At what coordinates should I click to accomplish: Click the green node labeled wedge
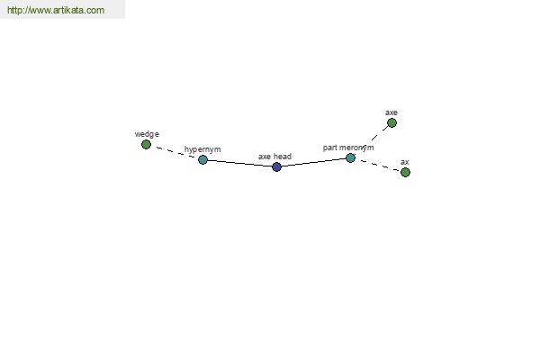coord(146,144)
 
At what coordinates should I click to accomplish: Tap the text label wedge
coord(147,134)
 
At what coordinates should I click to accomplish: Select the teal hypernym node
coord(202,159)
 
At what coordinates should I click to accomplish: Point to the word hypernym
coord(202,149)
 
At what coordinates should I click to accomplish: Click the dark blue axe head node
coord(276,166)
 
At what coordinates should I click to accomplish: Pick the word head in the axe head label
coord(283,157)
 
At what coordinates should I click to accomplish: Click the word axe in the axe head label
coord(265,157)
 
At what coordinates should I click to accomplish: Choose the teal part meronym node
coord(350,157)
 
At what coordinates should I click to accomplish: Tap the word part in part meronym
coord(330,148)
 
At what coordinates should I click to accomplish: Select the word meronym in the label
coord(356,148)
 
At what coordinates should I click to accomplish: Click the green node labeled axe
coord(391,122)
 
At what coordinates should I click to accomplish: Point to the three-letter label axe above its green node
coord(391,112)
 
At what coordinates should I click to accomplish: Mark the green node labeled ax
coord(405,172)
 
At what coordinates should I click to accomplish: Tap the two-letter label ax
coord(405,162)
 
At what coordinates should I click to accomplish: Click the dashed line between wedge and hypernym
coord(175,152)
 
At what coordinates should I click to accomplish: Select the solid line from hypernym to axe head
coord(239,163)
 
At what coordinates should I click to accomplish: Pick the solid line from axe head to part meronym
coord(313,162)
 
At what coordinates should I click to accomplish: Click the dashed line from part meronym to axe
coord(371,140)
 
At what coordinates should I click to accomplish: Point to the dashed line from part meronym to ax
coord(378,165)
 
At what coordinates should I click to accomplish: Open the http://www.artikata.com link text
coord(56,10)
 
